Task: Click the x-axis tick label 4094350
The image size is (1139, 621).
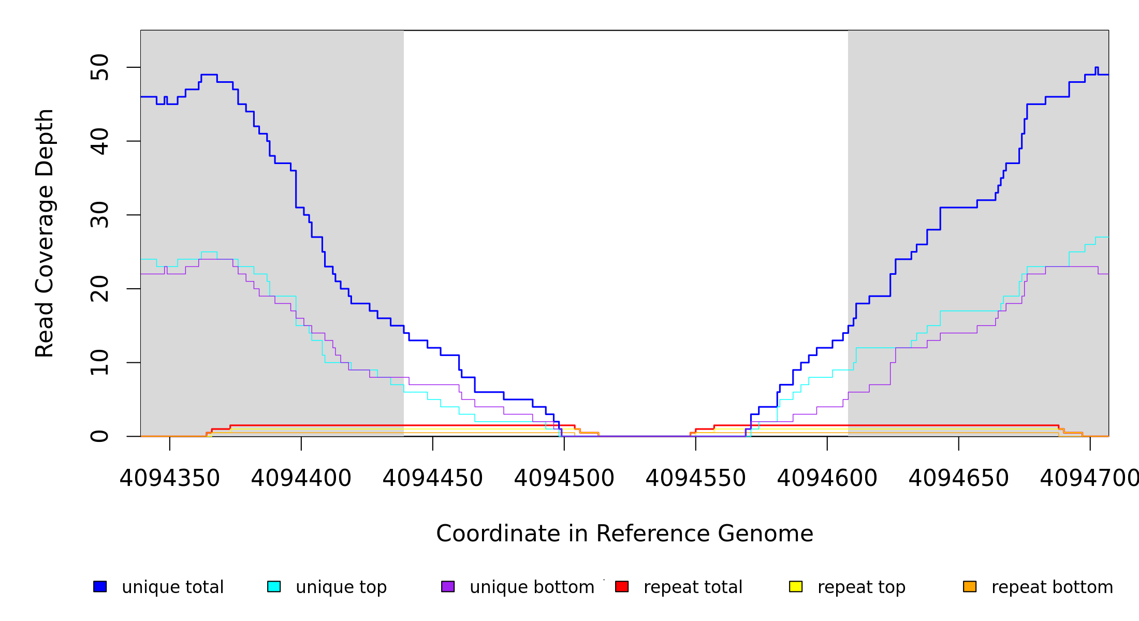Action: [x=170, y=478]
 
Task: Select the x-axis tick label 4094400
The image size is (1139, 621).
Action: [x=301, y=478]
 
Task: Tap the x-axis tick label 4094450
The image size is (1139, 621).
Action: [x=433, y=478]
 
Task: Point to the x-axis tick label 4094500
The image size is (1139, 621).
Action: [x=564, y=478]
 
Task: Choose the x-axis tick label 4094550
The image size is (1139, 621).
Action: [x=696, y=478]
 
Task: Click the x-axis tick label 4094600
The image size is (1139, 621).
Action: [x=827, y=478]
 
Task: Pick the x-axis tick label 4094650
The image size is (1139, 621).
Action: [x=959, y=478]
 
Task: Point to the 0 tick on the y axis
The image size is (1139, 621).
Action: [x=99, y=436]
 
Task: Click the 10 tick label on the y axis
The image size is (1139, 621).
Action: [x=99, y=362]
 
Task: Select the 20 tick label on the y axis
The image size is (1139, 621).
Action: [x=99, y=289]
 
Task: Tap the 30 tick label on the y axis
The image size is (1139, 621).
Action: [x=99, y=215]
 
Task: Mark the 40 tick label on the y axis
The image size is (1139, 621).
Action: [x=99, y=141]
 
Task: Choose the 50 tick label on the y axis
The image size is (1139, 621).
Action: [x=99, y=67]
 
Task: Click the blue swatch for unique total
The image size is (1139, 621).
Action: [x=100, y=586]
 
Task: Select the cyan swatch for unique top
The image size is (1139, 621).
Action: [x=274, y=586]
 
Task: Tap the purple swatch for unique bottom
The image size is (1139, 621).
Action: [x=448, y=586]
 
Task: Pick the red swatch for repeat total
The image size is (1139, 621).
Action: [x=622, y=586]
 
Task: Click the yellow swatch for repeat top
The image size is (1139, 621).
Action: [x=796, y=586]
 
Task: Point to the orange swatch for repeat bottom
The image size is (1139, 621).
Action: [x=970, y=586]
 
